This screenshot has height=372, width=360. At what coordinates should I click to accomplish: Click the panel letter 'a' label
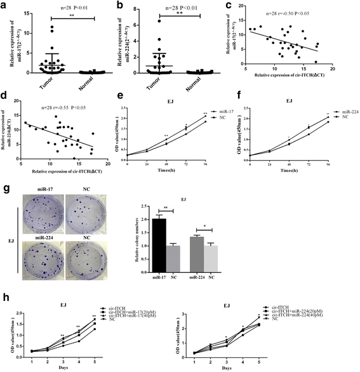tap(5, 6)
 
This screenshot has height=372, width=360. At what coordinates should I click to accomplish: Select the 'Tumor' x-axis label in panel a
tap(50, 82)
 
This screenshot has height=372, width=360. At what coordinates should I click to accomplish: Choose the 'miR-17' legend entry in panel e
tap(217, 114)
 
